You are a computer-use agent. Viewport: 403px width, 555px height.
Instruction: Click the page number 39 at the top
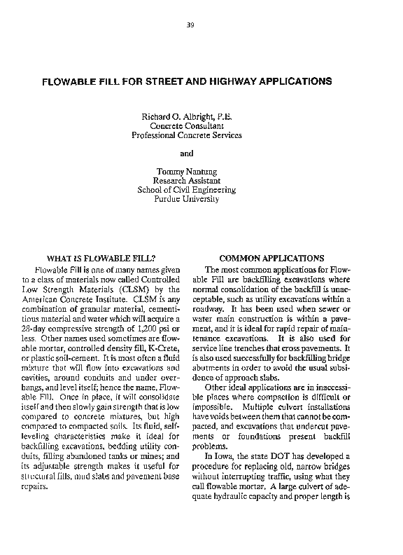tap(190, 26)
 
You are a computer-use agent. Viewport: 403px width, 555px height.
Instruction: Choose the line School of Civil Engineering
tap(186, 190)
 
